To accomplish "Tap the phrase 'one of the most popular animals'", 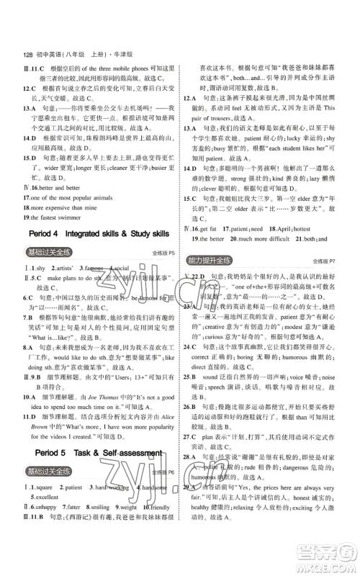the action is pyautogui.click(x=70, y=195).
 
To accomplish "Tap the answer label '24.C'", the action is pyautogui.click(x=190, y=346).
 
